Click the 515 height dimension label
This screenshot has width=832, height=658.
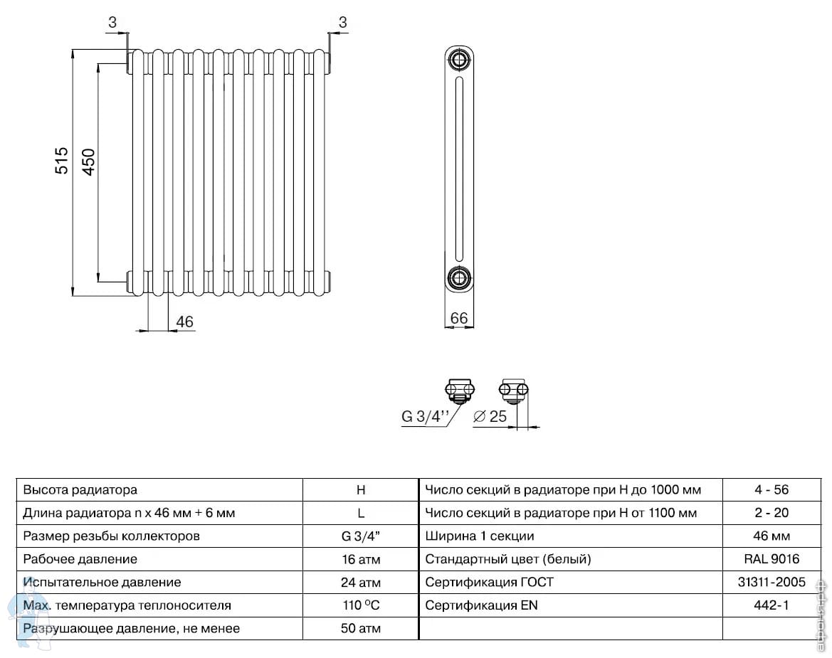[x=62, y=161]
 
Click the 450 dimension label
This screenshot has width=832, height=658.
[x=88, y=161]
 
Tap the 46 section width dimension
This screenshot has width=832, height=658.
[x=184, y=322]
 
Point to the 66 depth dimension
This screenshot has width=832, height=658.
[x=459, y=317]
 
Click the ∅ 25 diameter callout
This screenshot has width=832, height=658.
[x=490, y=416]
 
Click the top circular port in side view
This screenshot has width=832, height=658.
[x=459, y=59]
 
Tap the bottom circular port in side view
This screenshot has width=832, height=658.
[x=459, y=278]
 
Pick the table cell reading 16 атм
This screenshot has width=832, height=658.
[x=361, y=559]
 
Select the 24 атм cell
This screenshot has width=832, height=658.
[x=361, y=583]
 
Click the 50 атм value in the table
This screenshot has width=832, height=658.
[x=361, y=629]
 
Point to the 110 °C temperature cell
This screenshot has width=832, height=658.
[x=362, y=605]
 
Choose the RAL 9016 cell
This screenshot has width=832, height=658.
[x=772, y=559]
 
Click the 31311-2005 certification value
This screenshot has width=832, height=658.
[x=772, y=582]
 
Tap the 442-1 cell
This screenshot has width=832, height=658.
[x=772, y=605]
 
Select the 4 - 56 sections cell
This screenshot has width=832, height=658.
[x=772, y=489]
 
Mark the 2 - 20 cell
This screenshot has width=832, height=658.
[x=772, y=513]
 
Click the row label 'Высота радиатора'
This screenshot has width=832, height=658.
[x=80, y=490]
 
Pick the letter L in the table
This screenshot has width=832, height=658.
[x=361, y=514]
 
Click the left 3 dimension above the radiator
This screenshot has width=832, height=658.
[x=112, y=22]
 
